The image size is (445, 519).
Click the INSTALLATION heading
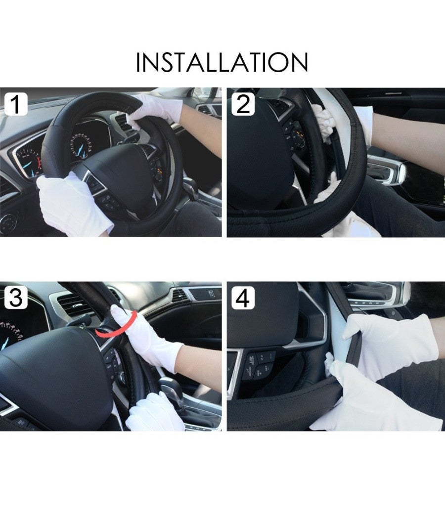pos(222,63)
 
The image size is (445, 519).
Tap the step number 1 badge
pos(16,105)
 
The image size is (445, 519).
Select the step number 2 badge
pos(243,105)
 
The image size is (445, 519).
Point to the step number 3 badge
pos(16,299)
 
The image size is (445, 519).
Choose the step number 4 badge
pos(243,299)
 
